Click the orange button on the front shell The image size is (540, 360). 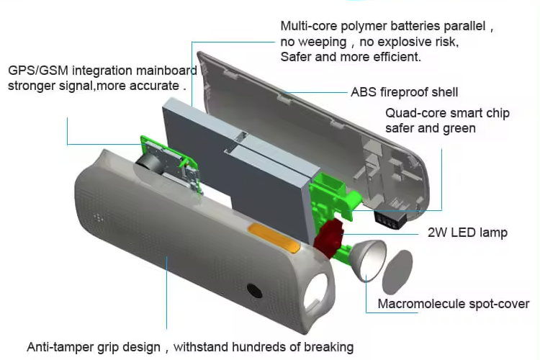tap(274, 238)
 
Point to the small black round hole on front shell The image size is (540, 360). tap(253, 291)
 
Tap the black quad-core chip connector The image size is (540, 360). tap(388, 219)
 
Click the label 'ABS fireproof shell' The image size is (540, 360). tap(404, 92)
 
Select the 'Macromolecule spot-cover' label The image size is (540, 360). tap(454, 304)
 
